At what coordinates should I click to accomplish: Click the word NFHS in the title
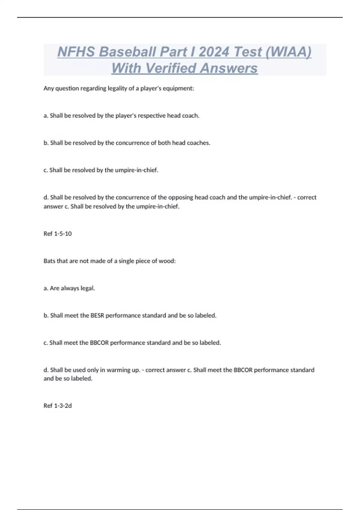coord(76,52)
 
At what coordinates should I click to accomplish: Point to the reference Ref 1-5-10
coord(58,234)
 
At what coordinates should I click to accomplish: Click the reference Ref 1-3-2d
coord(58,406)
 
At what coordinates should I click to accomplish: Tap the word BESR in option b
coord(97,316)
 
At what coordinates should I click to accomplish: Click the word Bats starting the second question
coord(49,261)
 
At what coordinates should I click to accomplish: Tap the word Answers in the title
coord(229,68)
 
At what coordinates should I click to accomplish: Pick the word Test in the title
coord(248,52)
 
